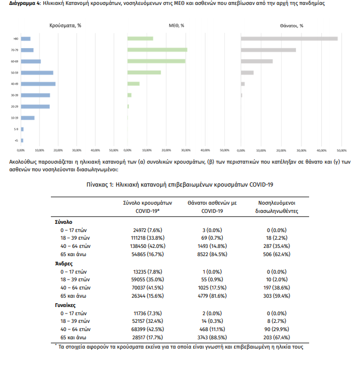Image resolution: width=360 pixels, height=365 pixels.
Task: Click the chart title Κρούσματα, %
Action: [x=65, y=25]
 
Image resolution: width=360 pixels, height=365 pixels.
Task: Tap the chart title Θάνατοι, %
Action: [x=292, y=25]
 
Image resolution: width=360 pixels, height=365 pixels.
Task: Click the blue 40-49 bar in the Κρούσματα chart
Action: [x=38, y=84]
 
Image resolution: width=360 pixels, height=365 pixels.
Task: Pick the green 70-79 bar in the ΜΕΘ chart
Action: [x=157, y=50]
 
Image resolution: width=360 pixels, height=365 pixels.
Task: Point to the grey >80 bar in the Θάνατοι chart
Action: [x=289, y=38]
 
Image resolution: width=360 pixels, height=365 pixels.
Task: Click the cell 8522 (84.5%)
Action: [x=212, y=254]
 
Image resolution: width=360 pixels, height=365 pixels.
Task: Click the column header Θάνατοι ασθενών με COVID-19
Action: [x=212, y=206]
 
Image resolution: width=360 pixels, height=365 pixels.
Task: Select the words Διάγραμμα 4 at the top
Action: [x=24, y=4]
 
